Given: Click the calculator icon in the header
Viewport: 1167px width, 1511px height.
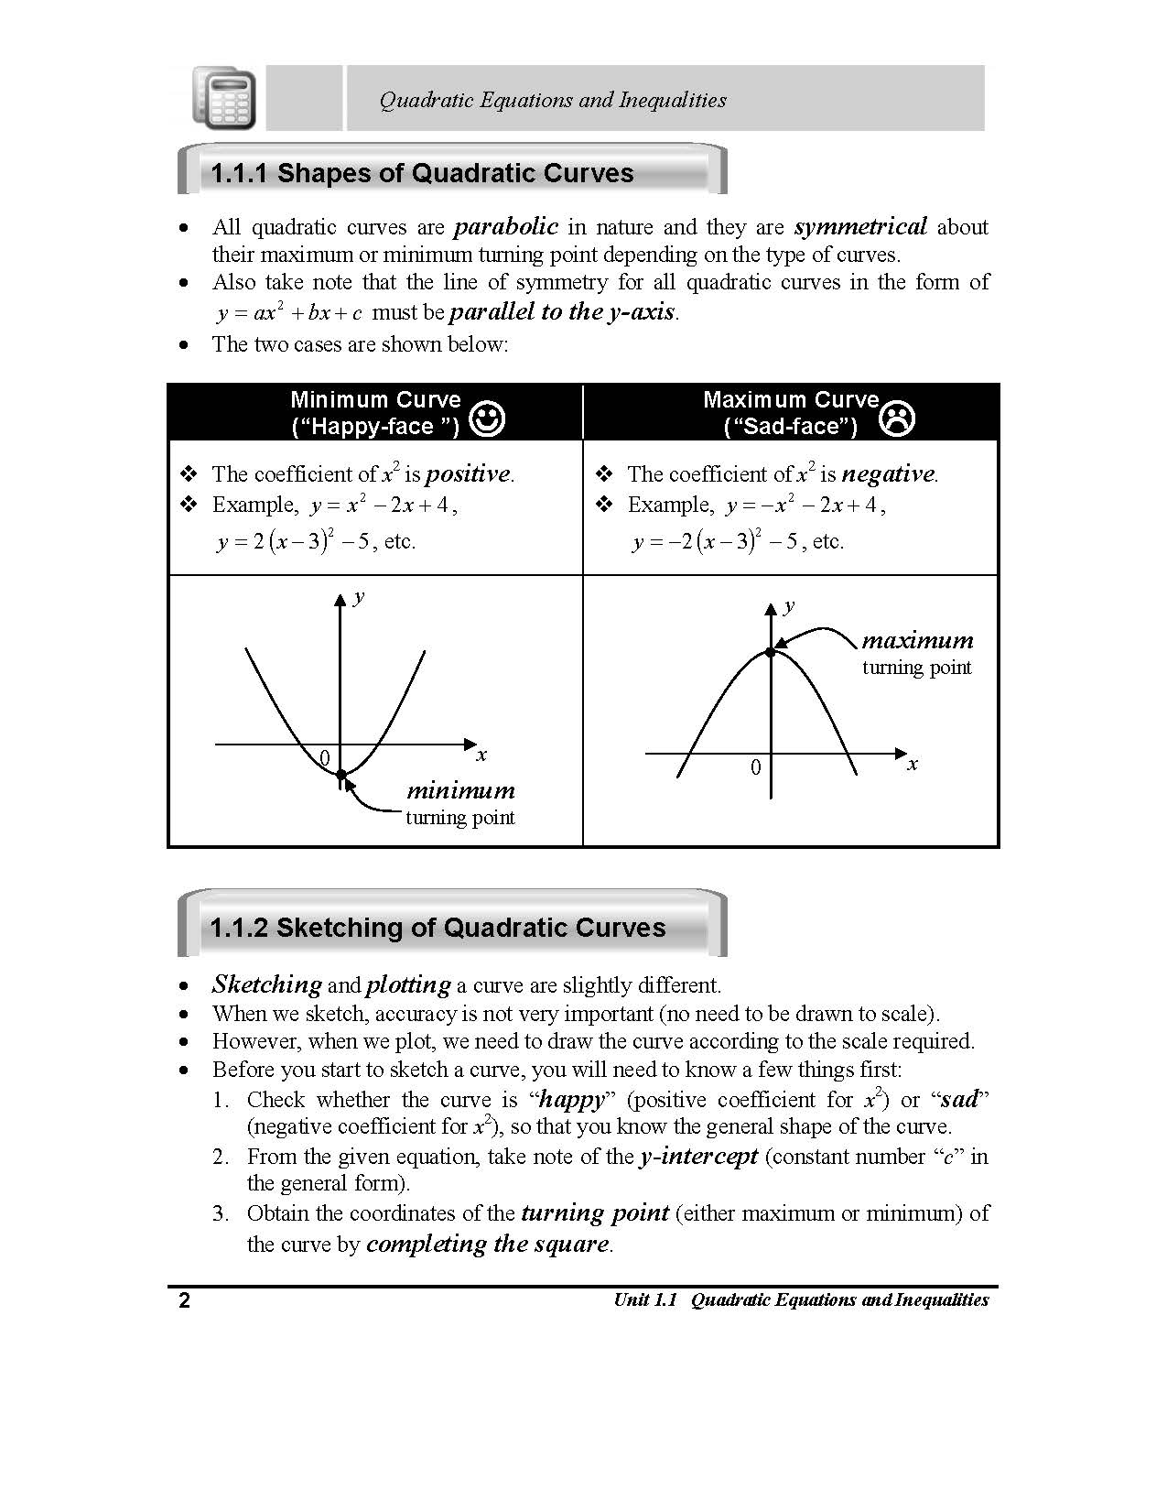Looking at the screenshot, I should click(x=224, y=98).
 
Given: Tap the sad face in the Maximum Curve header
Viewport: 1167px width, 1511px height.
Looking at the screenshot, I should click(x=897, y=418).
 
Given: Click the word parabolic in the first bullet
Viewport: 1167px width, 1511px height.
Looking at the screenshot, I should click(x=506, y=226).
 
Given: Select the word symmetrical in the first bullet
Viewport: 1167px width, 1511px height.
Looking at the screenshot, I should click(x=860, y=226).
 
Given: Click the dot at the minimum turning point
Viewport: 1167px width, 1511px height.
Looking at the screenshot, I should click(x=341, y=775).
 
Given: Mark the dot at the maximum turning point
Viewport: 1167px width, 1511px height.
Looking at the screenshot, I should click(x=771, y=652).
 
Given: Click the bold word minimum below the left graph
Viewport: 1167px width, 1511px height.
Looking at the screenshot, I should click(x=460, y=790).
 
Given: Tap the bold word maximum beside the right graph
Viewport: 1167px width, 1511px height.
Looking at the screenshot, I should click(x=917, y=640).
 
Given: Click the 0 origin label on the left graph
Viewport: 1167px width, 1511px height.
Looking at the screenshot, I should click(x=324, y=757).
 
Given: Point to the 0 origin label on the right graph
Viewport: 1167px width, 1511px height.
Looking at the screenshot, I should click(x=755, y=767).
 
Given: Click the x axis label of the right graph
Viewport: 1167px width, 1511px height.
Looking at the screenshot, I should click(x=912, y=764).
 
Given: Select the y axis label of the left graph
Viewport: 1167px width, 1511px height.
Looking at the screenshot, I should click(x=359, y=597).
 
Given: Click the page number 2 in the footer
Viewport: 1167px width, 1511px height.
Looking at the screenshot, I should click(x=184, y=1300).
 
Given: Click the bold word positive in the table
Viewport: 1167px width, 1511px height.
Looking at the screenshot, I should click(x=468, y=474).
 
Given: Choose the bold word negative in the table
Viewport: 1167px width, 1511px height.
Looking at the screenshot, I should click(x=888, y=474).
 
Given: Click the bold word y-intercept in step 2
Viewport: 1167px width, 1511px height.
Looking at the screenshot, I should click(x=699, y=1156).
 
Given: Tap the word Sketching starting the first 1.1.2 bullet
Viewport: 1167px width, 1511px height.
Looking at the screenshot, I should click(x=266, y=984).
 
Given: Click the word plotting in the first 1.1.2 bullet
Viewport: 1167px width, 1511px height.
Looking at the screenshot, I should click(x=408, y=984).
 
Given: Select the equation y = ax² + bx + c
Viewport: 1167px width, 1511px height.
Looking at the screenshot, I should click(x=290, y=312).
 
